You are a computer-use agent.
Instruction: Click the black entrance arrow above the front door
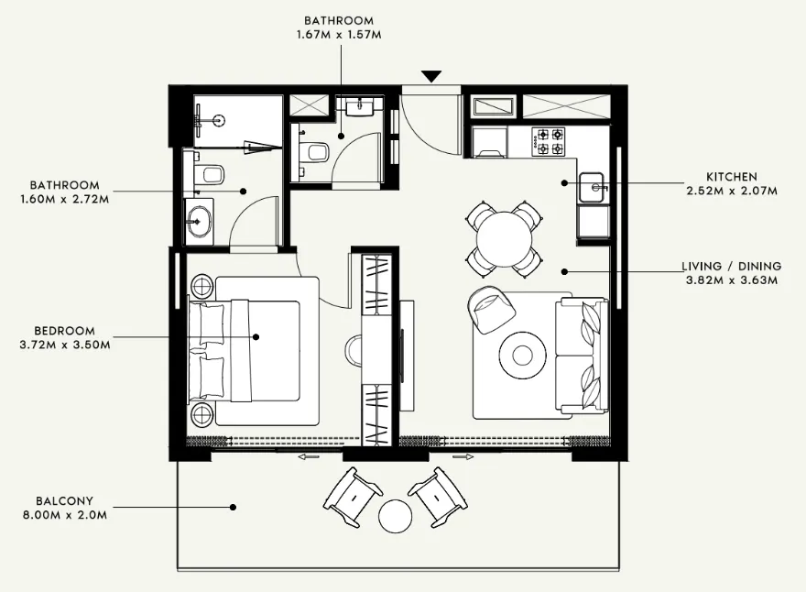(x=431, y=76)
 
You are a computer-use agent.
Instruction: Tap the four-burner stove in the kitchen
(x=550, y=141)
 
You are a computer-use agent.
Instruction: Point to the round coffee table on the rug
(x=523, y=352)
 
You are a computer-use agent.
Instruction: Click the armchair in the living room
(x=491, y=309)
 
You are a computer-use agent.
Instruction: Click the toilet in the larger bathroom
(x=208, y=173)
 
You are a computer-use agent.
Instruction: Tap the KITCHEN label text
(x=731, y=177)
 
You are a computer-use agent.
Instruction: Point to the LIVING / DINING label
(x=731, y=267)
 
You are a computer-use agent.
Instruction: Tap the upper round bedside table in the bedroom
(x=201, y=287)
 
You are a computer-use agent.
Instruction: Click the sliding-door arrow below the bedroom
(x=309, y=456)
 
